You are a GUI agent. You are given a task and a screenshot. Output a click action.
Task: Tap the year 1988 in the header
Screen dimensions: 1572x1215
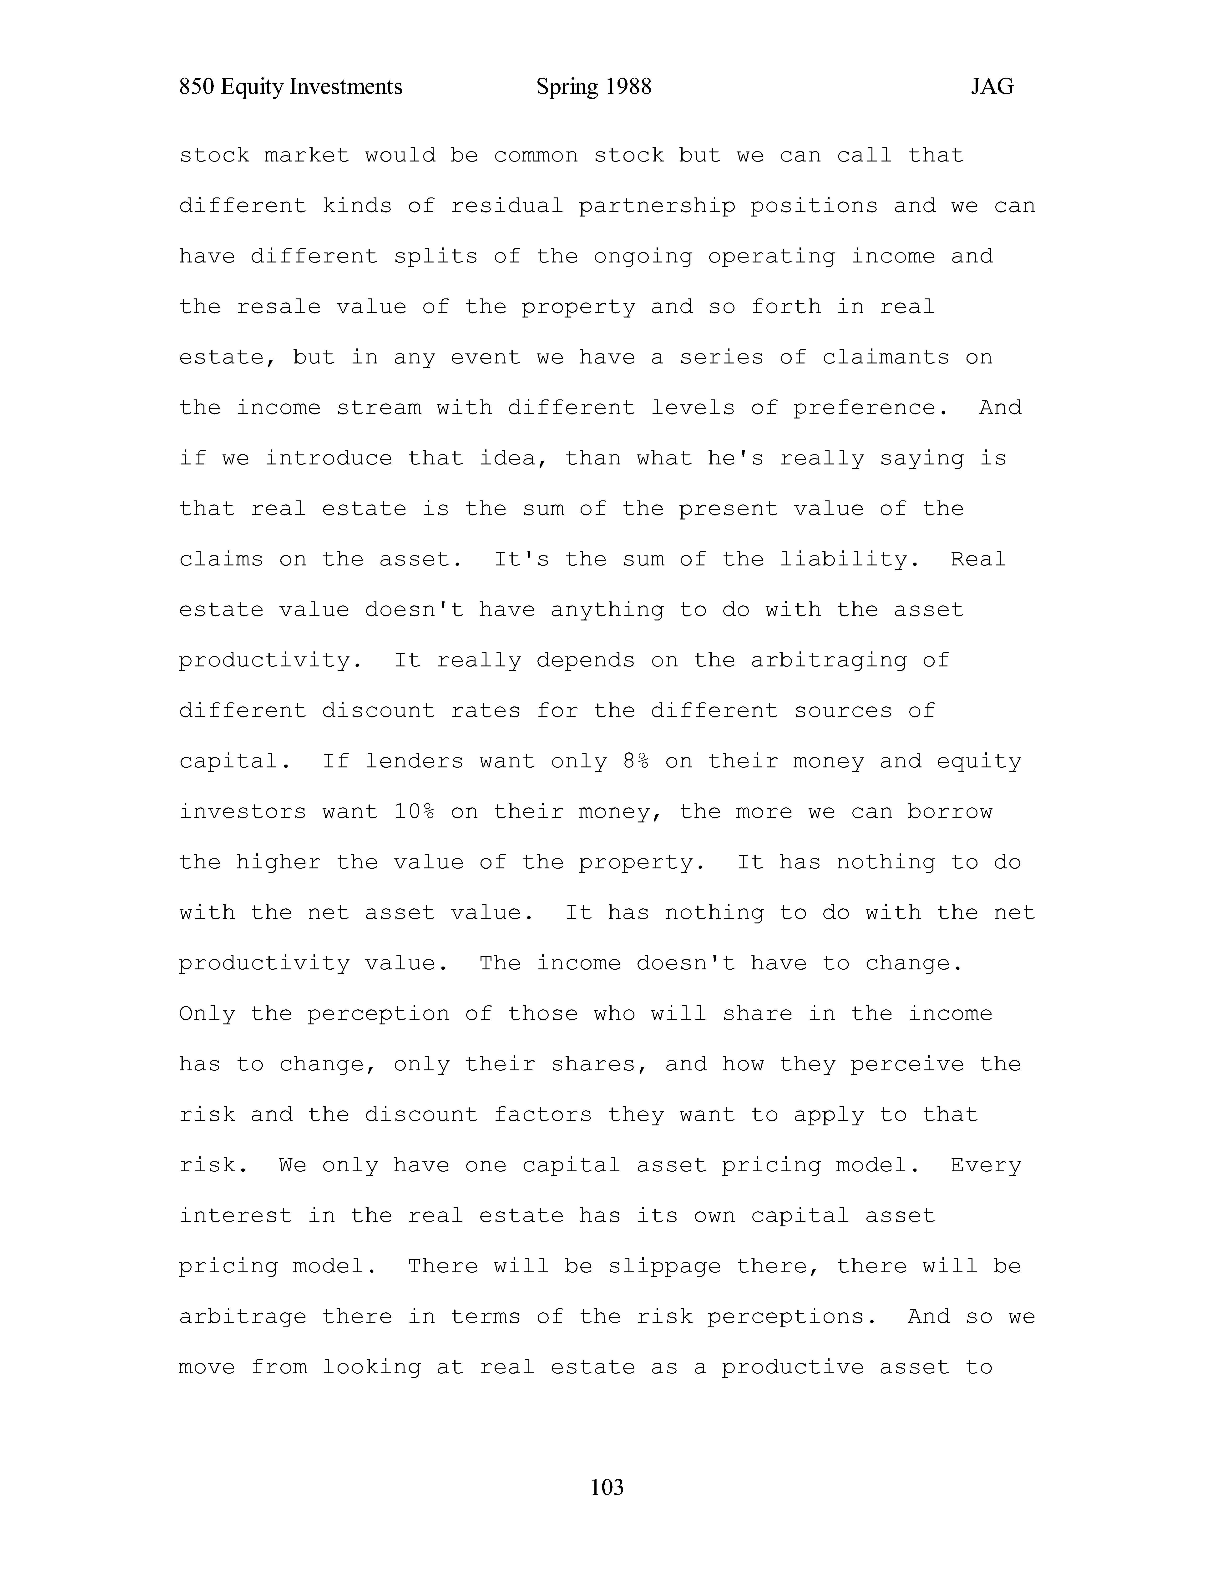(x=628, y=87)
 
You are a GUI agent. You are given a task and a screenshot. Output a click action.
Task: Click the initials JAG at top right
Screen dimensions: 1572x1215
(x=992, y=87)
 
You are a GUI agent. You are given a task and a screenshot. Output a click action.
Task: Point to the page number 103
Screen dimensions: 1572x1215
(x=607, y=1486)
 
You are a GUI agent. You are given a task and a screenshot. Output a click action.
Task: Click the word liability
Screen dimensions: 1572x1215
(x=849, y=559)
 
